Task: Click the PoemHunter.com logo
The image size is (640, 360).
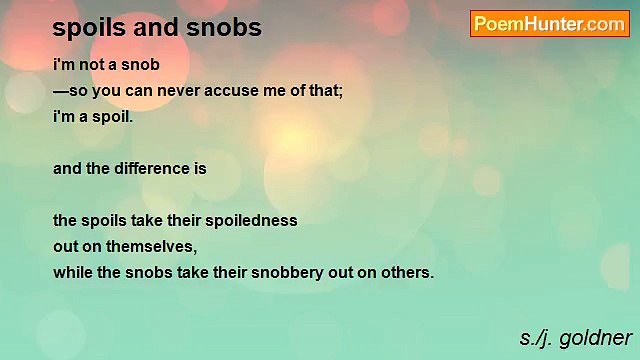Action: tap(549, 24)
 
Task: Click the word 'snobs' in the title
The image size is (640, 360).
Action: tap(229, 28)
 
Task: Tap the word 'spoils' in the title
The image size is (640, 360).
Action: tap(87, 28)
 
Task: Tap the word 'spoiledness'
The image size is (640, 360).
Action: tap(249, 220)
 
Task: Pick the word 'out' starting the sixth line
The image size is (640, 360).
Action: tap(66, 246)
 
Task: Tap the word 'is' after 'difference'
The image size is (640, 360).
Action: tap(200, 168)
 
